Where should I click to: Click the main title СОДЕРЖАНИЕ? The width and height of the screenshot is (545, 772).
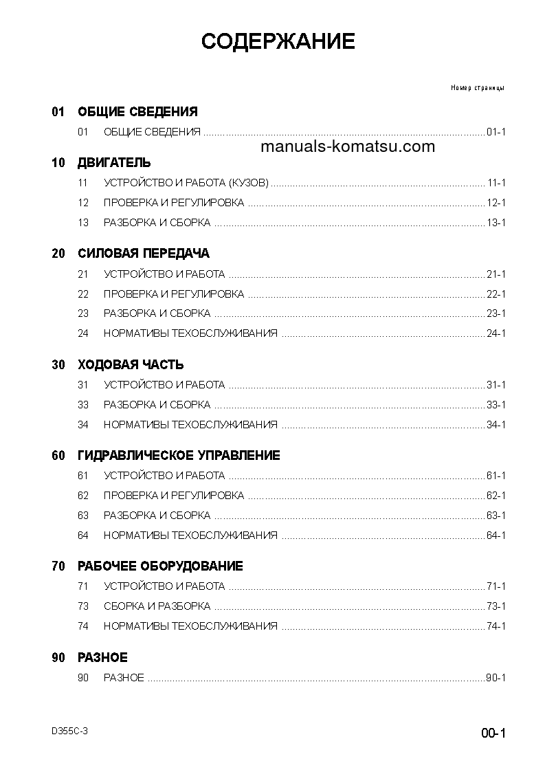(x=278, y=42)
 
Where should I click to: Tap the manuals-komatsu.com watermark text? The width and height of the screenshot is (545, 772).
(x=348, y=146)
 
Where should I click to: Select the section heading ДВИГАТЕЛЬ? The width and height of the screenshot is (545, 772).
(x=114, y=163)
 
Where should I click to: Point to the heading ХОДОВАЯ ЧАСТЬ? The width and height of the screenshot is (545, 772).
(x=131, y=365)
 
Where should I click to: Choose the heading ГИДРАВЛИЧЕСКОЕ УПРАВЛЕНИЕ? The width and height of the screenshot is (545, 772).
(x=179, y=456)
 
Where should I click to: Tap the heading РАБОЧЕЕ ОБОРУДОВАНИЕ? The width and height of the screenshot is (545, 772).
(x=160, y=566)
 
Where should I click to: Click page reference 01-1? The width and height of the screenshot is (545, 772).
(x=496, y=132)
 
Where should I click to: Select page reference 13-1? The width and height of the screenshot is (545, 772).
(x=496, y=223)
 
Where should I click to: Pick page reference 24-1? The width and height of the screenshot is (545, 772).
(x=496, y=333)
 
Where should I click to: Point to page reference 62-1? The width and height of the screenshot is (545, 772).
(x=496, y=496)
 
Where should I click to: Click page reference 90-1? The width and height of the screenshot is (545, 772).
(x=496, y=678)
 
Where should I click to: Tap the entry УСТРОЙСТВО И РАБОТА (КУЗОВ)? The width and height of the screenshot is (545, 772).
(x=186, y=183)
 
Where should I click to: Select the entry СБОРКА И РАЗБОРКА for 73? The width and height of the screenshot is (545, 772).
(x=157, y=606)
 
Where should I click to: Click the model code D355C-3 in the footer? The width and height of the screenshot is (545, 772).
(x=69, y=731)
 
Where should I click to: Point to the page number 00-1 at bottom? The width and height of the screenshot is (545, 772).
(x=493, y=734)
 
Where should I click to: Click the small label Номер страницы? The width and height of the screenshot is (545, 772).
(x=478, y=88)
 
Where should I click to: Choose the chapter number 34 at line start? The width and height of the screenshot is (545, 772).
(x=83, y=425)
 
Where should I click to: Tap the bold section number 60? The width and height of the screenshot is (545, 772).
(x=58, y=456)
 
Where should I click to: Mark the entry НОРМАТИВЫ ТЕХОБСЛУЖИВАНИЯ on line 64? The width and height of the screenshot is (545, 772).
(x=190, y=536)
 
